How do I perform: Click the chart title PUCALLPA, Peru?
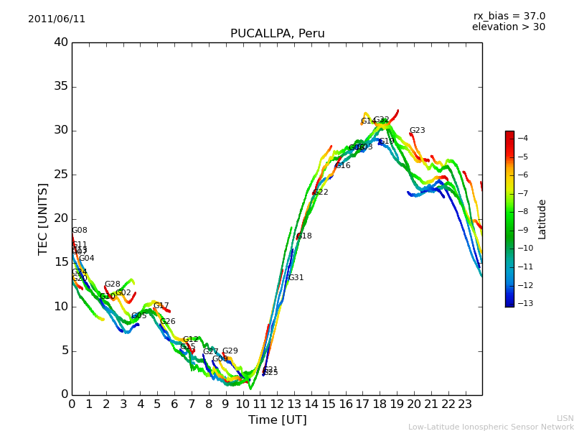pyautogui.click(x=277, y=34)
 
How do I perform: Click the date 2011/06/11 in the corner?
pyautogui.click(x=57, y=19)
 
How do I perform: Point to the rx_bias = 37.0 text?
pyautogui.click(x=509, y=17)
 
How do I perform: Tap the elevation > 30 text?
pyautogui.click(x=508, y=27)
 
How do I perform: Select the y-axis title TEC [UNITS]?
pyautogui.click(x=43, y=218)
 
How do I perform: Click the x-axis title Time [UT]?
pyautogui.click(x=277, y=420)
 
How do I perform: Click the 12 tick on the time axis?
pyautogui.click(x=277, y=404)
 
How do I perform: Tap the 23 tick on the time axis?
pyautogui.click(x=465, y=404)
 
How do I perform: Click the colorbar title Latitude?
pyautogui.click(x=542, y=218)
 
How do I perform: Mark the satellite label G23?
pyautogui.click(x=417, y=131)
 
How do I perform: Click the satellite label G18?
pyautogui.click(x=304, y=236)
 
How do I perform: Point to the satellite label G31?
pyautogui.click(x=296, y=278)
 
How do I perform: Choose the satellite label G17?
pyautogui.click(x=161, y=306)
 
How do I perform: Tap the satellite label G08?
pyautogui.click(x=79, y=231)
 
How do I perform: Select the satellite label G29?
pyautogui.click(x=230, y=351)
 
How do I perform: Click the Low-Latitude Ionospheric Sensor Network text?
pyautogui.click(x=491, y=427)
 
